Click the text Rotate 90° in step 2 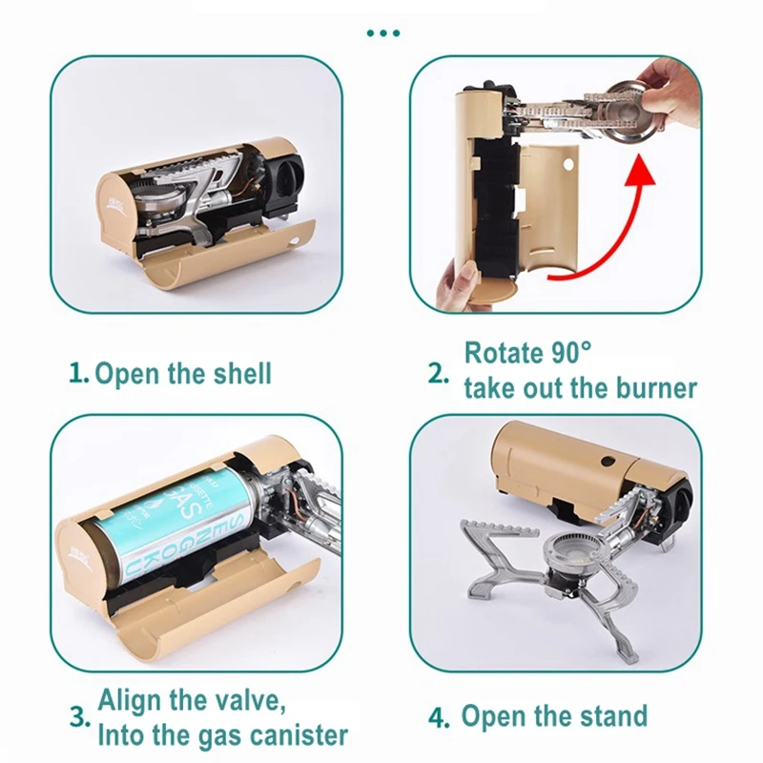click(x=527, y=352)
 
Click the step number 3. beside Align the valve click(x=80, y=715)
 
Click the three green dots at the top click(x=382, y=33)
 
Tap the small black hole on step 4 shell click(x=605, y=463)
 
